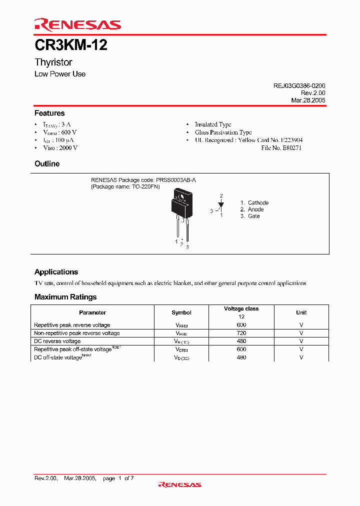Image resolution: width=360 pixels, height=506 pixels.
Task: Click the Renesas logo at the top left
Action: [x=77, y=24]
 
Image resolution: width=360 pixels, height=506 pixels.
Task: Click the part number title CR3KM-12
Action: [x=70, y=46]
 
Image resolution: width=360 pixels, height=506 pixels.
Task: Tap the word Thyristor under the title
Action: [x=53, y=62]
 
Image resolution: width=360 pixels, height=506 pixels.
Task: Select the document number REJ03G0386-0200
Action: [x=299, y=86]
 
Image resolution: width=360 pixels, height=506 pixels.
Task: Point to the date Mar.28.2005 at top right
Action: [x=308, y=100]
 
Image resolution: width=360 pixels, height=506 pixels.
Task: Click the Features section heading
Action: [x=49, y=113]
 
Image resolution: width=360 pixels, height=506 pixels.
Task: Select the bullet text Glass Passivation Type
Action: [x=223, y=132]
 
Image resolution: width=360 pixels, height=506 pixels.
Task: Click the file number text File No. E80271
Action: [x=281, y=148]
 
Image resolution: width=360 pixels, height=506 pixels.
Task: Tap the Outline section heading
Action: [x=47, y=164]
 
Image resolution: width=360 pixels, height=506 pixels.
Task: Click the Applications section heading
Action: [x=56, y=272]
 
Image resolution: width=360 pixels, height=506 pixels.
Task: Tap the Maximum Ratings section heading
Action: [x=65, y=297]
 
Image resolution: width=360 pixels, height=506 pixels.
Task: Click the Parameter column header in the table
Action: [x=92, y=312]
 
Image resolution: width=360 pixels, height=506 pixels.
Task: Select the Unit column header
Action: [x=301, y=312]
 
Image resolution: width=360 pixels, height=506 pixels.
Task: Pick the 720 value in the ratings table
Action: [x=241, y=333]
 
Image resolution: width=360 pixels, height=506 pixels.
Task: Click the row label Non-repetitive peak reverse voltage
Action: [x=77, y=333]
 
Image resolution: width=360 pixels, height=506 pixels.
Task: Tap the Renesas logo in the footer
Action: [x=179, y=484]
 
